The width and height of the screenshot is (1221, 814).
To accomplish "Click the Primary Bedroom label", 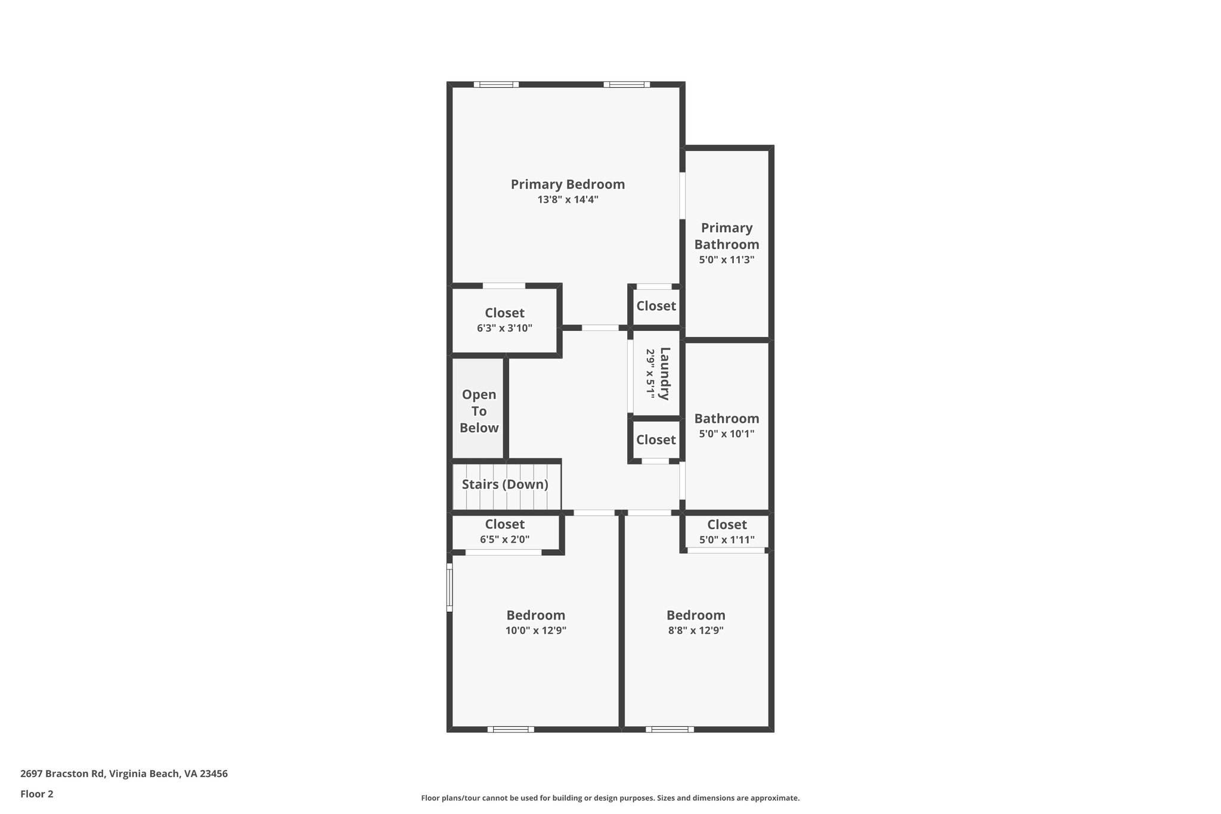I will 568,184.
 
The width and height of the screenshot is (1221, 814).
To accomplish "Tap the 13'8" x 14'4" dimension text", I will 568,200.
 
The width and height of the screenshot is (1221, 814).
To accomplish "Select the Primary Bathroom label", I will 726,236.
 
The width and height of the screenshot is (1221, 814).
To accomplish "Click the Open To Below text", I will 479,411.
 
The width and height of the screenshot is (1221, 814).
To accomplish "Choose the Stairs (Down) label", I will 505,484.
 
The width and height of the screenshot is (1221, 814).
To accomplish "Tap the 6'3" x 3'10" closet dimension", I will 504,328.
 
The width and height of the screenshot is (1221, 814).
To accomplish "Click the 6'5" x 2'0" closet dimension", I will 504,540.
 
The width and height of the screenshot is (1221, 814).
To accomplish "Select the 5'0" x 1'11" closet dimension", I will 726,540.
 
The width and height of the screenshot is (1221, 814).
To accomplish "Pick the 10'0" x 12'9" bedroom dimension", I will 535,630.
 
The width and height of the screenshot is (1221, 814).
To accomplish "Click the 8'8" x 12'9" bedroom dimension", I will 696,630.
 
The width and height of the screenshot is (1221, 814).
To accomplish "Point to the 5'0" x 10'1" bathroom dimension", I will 726,434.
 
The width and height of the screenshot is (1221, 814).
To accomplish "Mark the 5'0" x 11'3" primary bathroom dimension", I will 726,260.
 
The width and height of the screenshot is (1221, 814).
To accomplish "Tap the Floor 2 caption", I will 37,794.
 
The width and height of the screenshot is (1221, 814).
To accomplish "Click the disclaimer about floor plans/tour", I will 610,798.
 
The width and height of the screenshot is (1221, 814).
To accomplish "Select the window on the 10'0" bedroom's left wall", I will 450,587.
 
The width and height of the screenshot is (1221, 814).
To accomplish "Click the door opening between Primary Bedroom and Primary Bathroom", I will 682,196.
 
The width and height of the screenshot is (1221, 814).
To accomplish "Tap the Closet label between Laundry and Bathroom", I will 656,440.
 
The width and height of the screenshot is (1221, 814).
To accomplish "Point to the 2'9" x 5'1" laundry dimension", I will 650,374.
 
